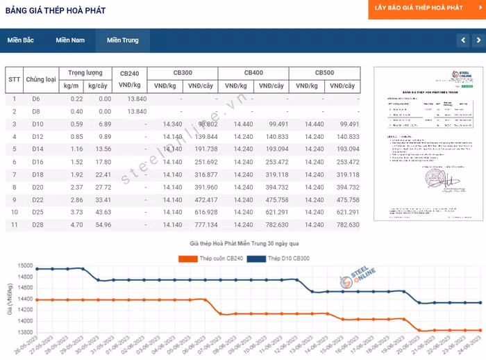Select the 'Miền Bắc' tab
21,40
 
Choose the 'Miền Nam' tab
70,40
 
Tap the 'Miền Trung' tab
122,40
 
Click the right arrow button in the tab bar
478,40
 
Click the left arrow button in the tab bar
463,40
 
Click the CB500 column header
324,73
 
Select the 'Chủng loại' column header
41,79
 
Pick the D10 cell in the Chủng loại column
37,124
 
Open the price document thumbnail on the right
424,144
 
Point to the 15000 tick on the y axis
24,266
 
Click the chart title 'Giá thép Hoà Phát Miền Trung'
244,245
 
